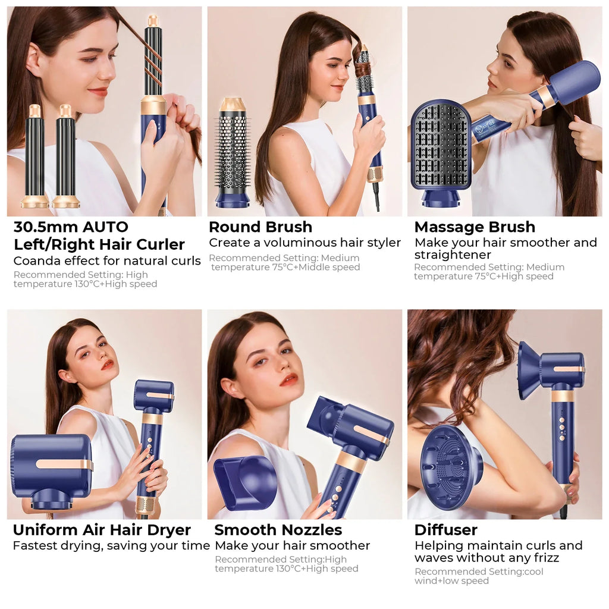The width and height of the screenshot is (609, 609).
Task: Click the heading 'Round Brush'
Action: pos(260,227)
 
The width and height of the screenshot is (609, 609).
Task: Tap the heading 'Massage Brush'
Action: pos(475,227)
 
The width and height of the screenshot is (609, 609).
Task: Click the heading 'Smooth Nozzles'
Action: pos(278,530)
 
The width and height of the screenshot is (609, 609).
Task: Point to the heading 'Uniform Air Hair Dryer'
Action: pos(102,530)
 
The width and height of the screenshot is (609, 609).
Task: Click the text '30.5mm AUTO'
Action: pos(71,227)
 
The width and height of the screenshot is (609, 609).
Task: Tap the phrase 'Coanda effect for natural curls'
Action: pos(107,261)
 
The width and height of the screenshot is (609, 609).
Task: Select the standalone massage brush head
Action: pos(441,149)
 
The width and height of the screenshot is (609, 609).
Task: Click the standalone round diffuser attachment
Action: pos(451,468)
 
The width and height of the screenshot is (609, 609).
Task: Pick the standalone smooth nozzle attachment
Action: pos(245,482)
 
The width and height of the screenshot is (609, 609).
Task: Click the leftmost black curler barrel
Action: pos(34,156)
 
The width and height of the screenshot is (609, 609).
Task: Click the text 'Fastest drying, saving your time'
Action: pos(111,545)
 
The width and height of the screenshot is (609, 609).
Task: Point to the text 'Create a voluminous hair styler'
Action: pos(304,243)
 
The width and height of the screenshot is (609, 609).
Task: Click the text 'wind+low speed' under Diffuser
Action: pos(451,580)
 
